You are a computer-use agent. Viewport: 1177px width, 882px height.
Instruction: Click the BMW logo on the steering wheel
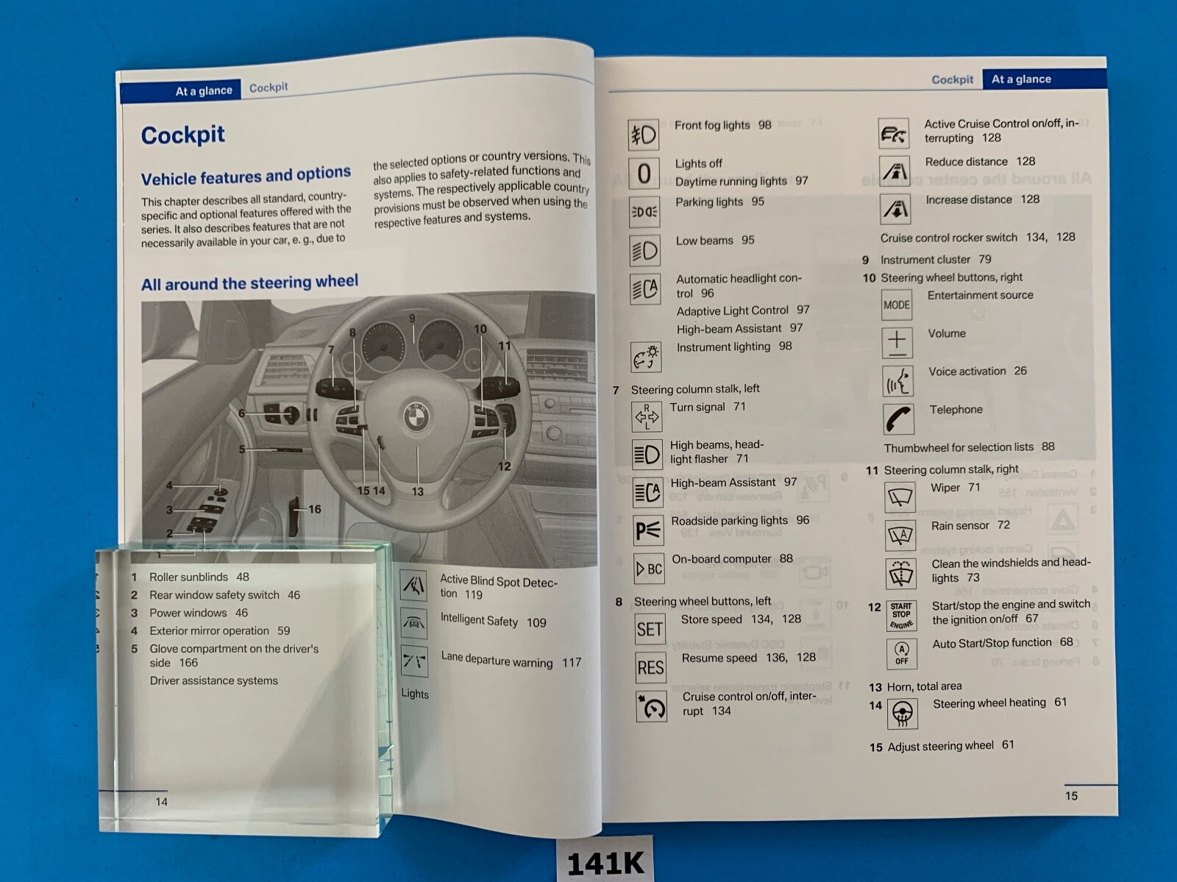click(x=416, y=417)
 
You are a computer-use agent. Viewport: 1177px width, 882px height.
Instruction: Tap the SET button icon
click(x=650, y=629)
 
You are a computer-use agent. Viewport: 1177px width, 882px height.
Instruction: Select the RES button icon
click(x=650, y=667)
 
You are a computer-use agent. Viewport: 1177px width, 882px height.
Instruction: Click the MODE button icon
click(x=897, y=305)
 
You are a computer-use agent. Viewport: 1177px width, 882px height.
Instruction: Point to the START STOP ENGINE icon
click(x=901, y=616)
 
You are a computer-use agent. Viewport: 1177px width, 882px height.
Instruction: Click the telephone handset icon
click(x=898, y=419)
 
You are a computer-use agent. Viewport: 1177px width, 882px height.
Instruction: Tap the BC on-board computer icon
click(x=649, y=569)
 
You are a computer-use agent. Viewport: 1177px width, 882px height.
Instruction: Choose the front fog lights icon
click(x=644, y=135)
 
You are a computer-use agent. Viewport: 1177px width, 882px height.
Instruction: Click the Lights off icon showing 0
click(x=644, y=174)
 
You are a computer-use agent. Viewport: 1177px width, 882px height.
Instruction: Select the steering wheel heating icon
click(x=903, y=713)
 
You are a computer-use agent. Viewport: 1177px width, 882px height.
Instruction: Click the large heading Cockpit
click(x=182, y=135)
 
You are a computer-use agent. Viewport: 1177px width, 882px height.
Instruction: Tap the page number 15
click(x=1071, y=795)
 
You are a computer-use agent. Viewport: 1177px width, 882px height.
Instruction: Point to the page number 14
click(x=161, y=801)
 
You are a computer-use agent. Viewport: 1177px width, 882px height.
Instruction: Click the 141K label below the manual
click(x=605, y=862)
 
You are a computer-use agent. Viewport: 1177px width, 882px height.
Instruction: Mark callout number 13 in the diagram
click(x=417, y=491)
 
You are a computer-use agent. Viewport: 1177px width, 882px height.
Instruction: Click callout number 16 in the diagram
click(x=315, y=509)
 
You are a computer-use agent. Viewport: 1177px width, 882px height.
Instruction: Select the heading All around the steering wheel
click(x=249, y=283)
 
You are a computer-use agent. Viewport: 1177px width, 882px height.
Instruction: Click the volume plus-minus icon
click(x=897, y=342)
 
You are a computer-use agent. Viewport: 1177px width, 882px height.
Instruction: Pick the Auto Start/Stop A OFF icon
click(x=902, y=652)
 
